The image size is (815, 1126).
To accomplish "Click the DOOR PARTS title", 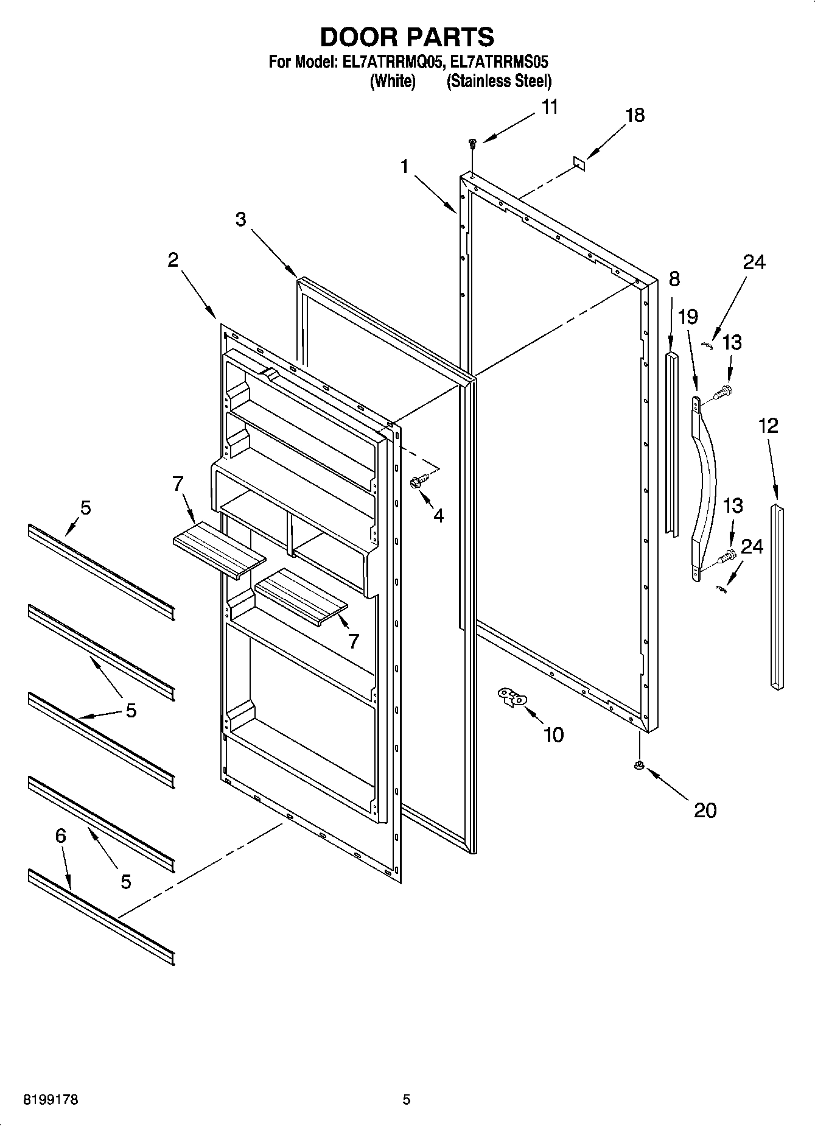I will pyautogui.click(x=407, y=37).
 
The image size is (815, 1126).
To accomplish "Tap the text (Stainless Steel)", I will pyautogui.click(x=498, y=81).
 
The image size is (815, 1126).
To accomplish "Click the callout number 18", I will pyautogui.click(x=635, y=115).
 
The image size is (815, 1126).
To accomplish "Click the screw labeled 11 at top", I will pyautogui.click(x=472, y=144).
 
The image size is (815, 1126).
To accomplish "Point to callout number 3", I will pyautogui.click(x=241, y=219).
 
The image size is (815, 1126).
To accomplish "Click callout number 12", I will pyautogui.click(x=768, y=426).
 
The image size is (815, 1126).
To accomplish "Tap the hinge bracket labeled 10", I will pyautogui.click(x=512, y=696).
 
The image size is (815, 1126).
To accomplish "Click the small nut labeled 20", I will pyautogui.click(x=638, y=765).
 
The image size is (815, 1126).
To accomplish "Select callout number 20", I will pyautogui.click(x=705, y=810).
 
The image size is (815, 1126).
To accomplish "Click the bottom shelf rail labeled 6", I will pyautogui.click(x=100, y=917).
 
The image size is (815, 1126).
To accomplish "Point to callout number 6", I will pyautogui.click(x=60, y=836).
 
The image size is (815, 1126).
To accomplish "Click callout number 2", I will pyautogui.click(x=173, y=260).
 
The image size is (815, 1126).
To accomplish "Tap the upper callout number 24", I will pyautogui.click(x=754, y=262).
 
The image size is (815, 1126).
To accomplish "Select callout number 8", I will pyautogui.click(x=673, y=280).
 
